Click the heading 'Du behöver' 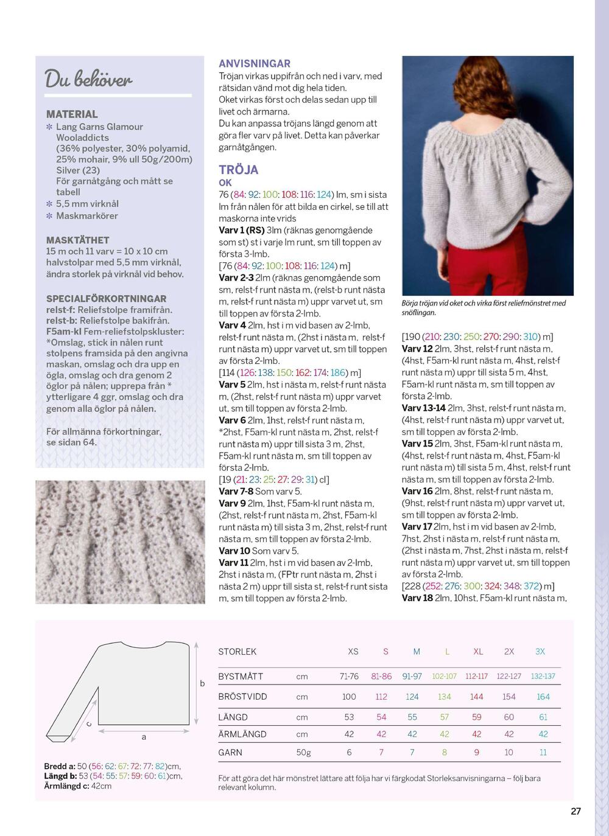pyautogui.click(x=88, y=80)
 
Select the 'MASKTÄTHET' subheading pyautogui.click(x=77, y=240)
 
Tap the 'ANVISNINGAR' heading pyautogui.click(x=255, y=63)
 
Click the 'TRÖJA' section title pyautogui.click(x=239, y=170)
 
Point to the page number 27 pyautogui.click(x=576, y=811)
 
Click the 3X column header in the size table pyautogui.click(x=540, y=651)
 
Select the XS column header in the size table pyautogui.click(x=353, y=651)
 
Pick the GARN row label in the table pyautogui.click(x=230, y=752)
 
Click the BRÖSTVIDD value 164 pyautogui.click(x=543, y=697)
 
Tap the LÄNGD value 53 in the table pyautogui.click(x=349, y=717)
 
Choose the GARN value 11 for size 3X pyautogui.click(x=543, y=752)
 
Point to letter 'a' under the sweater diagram pyautogui.click(x=144, y=737)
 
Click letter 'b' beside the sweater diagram pyautogui.click(x=203, y=683)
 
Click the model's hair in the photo pyautogui.click(x=481, y=91)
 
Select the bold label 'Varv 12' pyautogui.click(x=417, y=349)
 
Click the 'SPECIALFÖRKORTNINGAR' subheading pyautogui.click(x=106, y=299)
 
